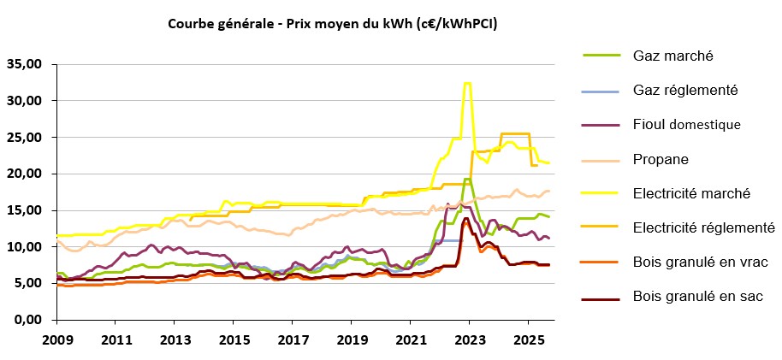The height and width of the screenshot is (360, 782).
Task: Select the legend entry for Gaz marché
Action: click(x=673, y=56)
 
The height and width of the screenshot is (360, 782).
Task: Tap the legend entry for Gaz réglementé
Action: click(x=685, y=90)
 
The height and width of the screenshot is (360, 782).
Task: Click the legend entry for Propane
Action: click(x=661, y=158)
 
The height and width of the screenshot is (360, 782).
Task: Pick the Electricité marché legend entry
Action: click(x=691, y=193)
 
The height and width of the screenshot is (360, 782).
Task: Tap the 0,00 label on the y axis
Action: click(x=27, y=320)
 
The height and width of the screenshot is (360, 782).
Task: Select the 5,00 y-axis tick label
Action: click(x=27, y=283)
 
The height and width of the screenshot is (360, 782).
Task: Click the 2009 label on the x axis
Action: click(x=57, y=339)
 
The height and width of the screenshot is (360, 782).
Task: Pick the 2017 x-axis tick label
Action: click(x=292, y=339)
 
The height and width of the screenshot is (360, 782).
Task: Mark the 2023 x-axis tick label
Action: click(x=468, y=339)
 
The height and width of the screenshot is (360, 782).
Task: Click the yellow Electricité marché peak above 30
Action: click(x=466, y=83)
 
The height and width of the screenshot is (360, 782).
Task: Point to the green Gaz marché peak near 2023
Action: click(x=466, y=179)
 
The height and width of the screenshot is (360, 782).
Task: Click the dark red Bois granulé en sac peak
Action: click(x=465, y=219)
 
